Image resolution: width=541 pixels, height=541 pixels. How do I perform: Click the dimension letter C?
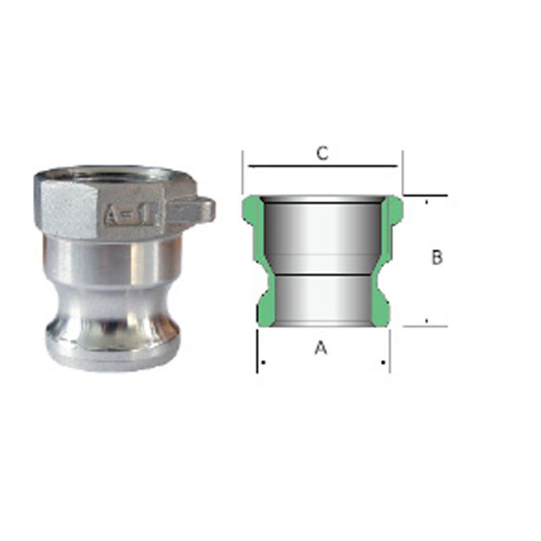point(323,153)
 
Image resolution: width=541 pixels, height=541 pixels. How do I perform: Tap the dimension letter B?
point(437,258)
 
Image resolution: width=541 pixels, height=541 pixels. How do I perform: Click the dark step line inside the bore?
point(321,274)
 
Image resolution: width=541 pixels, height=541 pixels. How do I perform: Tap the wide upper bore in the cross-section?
point(321,233)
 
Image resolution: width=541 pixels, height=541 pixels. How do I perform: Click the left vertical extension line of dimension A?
point(257,352)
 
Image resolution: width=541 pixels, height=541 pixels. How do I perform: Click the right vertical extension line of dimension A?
point(390,352)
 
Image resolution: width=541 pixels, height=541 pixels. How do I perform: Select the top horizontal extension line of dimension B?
point(426,195)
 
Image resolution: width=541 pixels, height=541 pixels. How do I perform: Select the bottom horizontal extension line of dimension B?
point(426,326)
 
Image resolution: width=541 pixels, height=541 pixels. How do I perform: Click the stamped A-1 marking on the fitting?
point(131,215)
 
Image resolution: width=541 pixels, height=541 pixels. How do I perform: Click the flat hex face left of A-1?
point(68,206)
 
